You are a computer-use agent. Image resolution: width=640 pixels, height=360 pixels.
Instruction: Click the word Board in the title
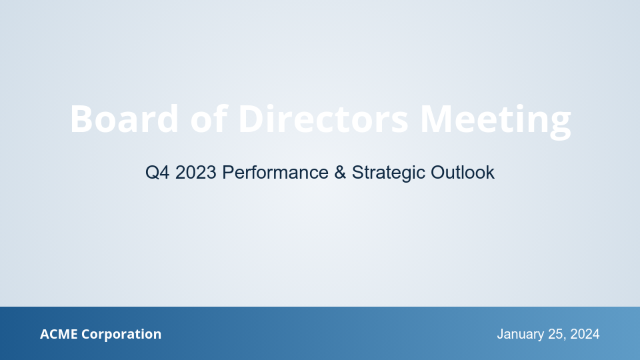(125, 119)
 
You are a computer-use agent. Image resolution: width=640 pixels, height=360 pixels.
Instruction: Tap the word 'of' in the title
(209, 119)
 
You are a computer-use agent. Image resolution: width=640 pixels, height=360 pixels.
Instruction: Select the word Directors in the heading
(323, 119)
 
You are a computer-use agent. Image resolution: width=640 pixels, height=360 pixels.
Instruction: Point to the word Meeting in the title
(495, 121)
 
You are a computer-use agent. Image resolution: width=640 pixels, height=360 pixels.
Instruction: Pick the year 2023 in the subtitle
(197, 173)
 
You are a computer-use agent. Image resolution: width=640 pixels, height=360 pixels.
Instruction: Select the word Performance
(275, 173)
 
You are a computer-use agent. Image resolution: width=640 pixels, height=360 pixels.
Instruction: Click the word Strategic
(388, 173)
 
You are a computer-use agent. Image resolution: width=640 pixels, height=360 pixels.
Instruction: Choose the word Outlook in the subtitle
(463, 173)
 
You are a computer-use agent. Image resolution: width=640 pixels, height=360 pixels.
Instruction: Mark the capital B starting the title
(81, 119)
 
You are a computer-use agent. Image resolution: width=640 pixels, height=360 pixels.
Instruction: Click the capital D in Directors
(251, 119)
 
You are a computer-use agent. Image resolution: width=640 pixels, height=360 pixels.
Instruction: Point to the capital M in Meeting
(437, 119)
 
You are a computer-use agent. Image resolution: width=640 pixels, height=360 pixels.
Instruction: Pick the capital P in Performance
(227, 173)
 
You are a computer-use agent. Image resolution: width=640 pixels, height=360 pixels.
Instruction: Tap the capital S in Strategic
(357, 173)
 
